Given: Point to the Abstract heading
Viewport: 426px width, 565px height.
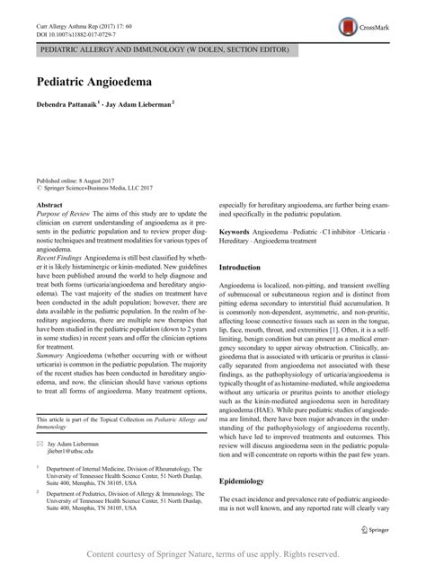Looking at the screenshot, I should (x=52, y=206).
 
